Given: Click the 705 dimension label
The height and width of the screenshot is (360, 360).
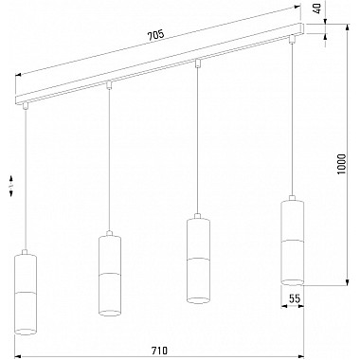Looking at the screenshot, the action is click(x=155, y=34).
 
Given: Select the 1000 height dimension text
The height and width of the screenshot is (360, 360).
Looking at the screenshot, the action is click(x=342, y=165).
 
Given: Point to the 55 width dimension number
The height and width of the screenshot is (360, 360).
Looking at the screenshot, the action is click(x=294, y=298).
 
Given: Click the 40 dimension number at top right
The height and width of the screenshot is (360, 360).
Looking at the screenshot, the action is click(x=317, y=9).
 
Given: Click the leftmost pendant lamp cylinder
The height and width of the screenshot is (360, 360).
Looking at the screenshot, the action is click(x=26, y=295).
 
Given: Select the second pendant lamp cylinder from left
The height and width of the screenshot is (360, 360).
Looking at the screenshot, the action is click(x=110, y=276).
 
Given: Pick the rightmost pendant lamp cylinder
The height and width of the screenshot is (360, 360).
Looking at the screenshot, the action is click(x=292, y=243).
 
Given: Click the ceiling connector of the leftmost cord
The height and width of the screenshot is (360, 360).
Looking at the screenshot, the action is click(x=25, y=106).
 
